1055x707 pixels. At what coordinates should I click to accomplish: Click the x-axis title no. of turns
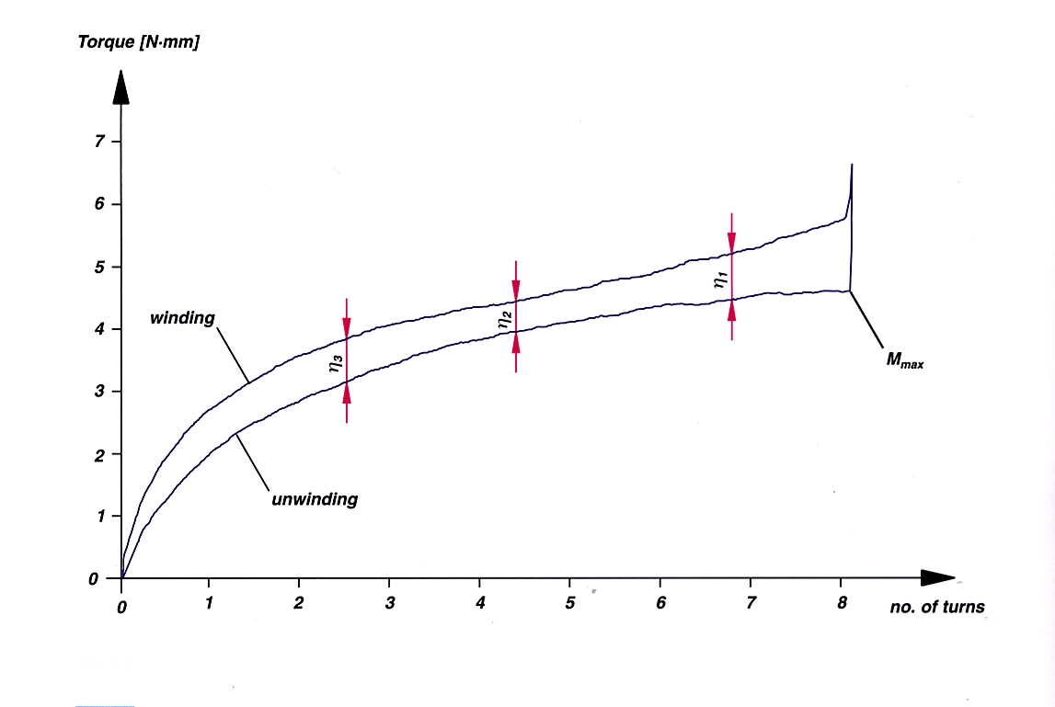936,607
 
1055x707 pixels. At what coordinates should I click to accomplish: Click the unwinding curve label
314,501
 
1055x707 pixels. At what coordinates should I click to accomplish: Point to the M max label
904,360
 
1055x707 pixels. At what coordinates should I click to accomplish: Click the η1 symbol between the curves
720,280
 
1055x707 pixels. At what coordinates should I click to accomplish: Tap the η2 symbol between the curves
504,320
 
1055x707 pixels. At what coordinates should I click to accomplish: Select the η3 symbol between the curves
335,365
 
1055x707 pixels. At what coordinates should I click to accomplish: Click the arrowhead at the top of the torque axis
120,88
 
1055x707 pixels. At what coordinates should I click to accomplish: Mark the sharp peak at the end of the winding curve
852,165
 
